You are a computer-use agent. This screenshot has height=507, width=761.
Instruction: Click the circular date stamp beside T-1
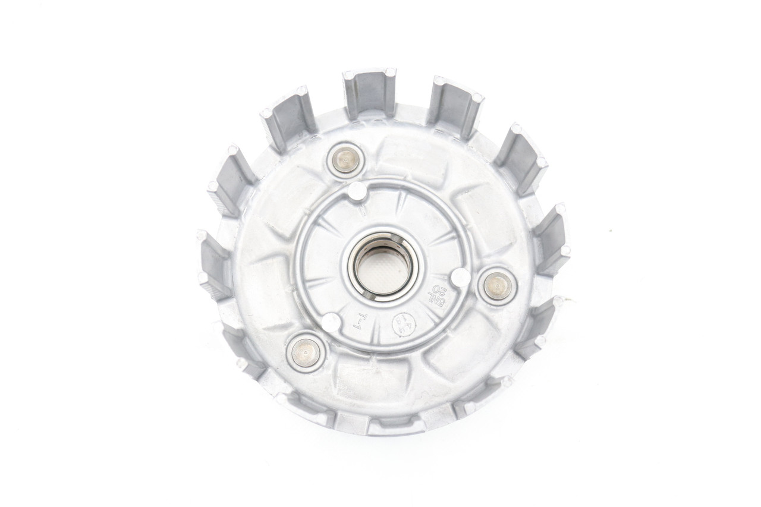(x=404, y=325)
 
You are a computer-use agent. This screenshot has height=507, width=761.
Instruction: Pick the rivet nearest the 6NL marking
(x=498, y=286)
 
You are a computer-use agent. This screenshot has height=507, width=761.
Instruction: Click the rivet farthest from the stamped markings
(x=345, y=159)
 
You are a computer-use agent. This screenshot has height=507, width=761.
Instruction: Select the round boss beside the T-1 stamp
(x=331, y=322)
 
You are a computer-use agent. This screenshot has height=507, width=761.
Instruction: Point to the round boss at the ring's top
(x=357, y=191)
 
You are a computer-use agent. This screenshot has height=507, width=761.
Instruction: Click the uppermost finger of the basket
(x=370, y=92)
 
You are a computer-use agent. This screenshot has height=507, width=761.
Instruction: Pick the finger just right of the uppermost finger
(x=455, y=105)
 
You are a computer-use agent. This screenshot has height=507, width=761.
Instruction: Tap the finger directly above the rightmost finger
(x=520, y=157)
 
